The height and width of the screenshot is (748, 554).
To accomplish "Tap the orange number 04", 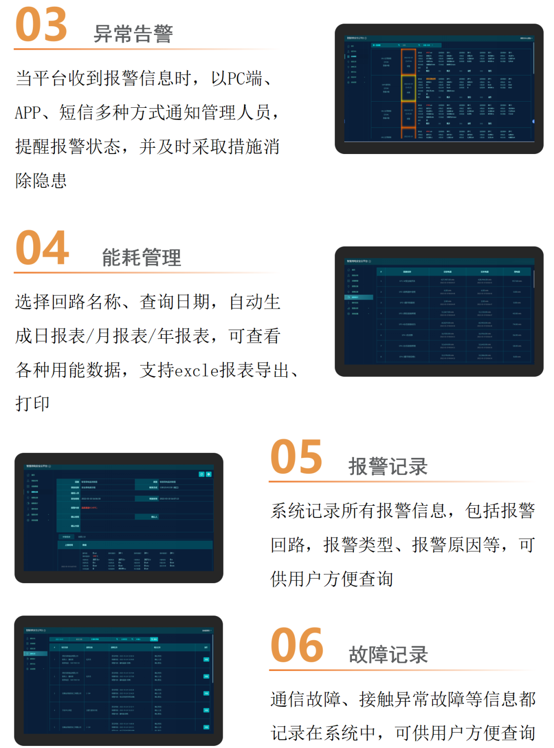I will click(x=42, y=248).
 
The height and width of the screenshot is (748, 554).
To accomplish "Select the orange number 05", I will click(x=296, y=457).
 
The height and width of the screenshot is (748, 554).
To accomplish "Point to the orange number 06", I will click(x=296, y=645).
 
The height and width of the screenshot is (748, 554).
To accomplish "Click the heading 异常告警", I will click(x=133, y=34).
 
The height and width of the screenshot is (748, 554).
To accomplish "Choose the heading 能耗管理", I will click(x=142, y=257).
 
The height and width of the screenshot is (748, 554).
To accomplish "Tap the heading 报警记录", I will click(x=388, y=467).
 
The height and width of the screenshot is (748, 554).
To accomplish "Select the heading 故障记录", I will click(x=388, y=655).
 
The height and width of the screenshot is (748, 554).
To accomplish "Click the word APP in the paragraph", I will click(x=28, y=112).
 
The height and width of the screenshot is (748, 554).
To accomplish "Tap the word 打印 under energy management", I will click(x=32, y=404).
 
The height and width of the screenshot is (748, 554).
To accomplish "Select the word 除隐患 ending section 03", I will click(x=41, y=181).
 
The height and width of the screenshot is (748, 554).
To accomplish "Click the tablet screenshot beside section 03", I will click(x=439, y=89).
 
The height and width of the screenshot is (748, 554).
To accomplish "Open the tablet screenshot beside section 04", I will click(x=439, y=312).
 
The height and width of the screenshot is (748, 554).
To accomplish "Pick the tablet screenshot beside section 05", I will click(x=119, y=518).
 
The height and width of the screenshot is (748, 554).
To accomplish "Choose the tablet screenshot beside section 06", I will click(x=118, y=681).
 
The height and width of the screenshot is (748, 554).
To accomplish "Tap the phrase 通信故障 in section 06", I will click(x=306, y=699).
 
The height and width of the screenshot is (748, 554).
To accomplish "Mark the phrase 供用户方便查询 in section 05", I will click(x=332, y=579).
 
